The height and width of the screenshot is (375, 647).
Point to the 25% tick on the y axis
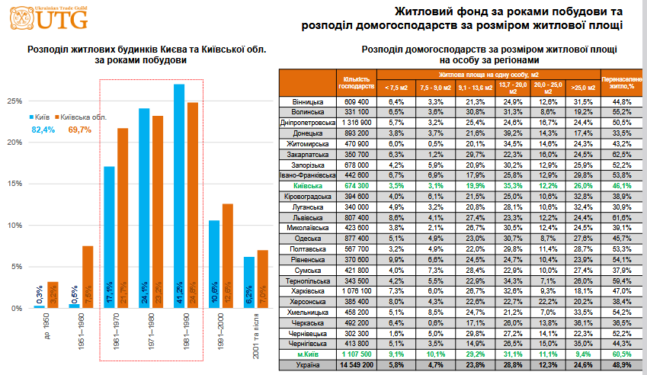[x=13, y=101]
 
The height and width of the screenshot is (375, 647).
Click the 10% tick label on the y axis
[x=13, y=226]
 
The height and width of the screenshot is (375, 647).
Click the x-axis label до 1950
[x=45, y=329]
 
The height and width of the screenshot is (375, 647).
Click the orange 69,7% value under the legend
[x=80, y=130]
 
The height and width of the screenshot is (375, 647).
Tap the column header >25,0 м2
[x=582, y=88]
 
